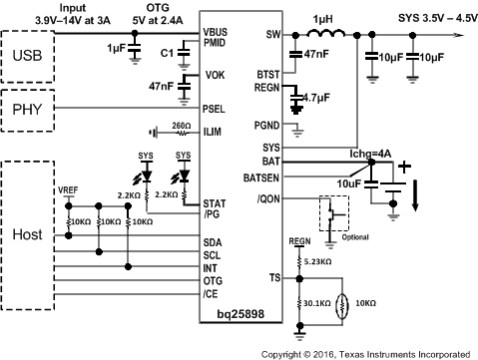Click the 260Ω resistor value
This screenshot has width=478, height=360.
tap(181, 125)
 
